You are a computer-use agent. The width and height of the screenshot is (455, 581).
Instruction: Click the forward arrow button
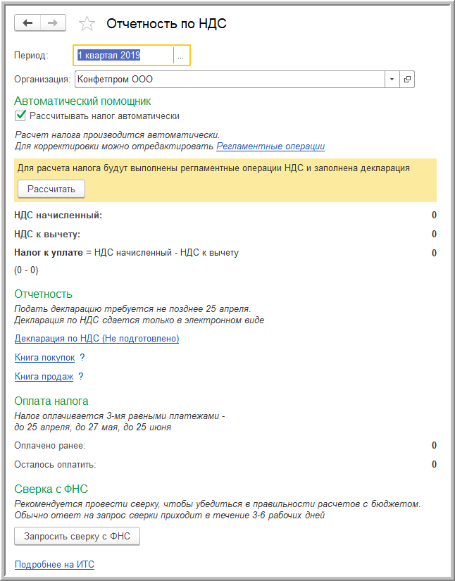[53, 23]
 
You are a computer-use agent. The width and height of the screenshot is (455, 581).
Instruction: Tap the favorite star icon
[87, 24]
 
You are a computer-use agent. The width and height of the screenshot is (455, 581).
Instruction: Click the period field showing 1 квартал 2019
[123, 55]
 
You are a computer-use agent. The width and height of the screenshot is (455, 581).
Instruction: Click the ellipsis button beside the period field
[181, 55]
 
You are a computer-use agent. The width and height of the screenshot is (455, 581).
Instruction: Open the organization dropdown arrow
[392, 79]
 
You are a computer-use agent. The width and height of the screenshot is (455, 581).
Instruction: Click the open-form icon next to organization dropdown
[407, 79]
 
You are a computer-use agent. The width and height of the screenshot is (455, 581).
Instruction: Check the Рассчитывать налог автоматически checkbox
[20, 116]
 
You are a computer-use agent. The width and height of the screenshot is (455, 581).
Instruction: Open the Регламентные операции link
[270, 146]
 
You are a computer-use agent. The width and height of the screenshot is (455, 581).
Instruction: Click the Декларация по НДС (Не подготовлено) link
[97, 339]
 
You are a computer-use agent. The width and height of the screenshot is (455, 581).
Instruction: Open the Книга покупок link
[44, 358]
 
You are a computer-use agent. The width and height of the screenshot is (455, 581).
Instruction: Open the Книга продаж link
[44, 377]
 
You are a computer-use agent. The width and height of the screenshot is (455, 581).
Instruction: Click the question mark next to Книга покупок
[82, 358]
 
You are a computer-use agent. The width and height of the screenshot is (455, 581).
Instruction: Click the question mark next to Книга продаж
[81, 377]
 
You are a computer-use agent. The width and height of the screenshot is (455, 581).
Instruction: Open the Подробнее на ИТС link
[54, 565]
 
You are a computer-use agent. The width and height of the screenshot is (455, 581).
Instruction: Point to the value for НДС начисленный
[434, 215]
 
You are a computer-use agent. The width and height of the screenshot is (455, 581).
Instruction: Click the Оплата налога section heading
[51, 401]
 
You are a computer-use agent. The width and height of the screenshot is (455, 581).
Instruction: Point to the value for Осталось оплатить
[434, 465]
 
